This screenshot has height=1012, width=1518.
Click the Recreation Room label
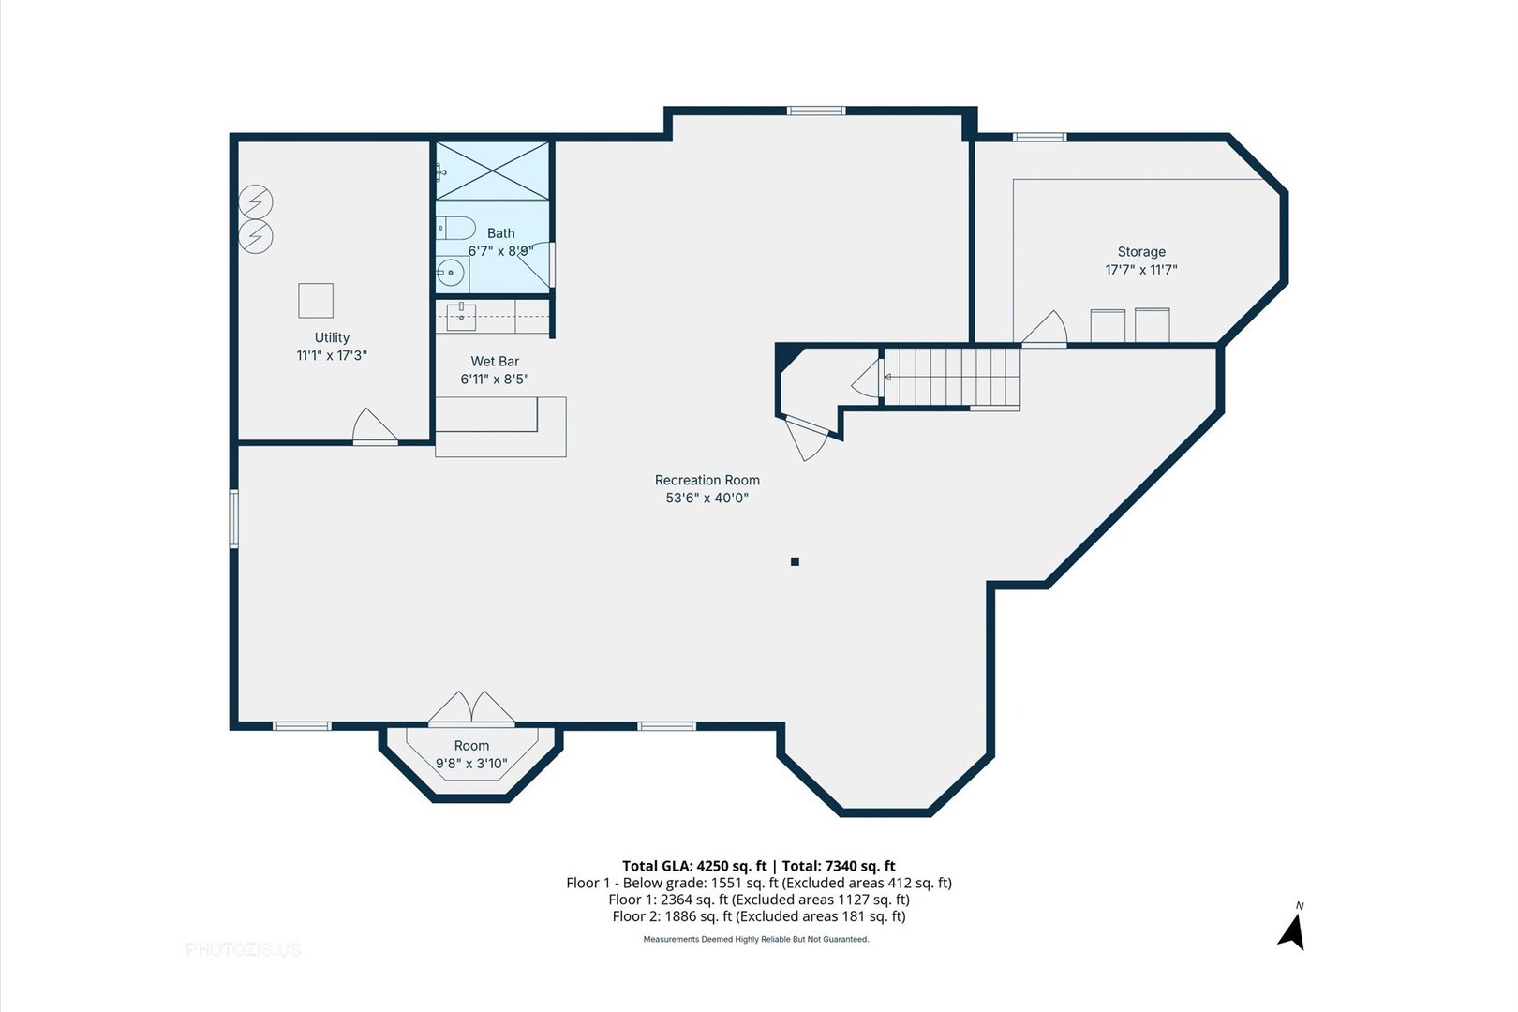tap(707, 480)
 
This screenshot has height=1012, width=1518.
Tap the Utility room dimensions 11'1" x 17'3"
tap(332, 355)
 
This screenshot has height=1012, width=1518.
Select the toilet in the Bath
tap(455, 228)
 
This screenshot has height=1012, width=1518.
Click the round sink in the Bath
tap(450, 274)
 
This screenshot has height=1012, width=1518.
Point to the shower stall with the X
tap(492, 171)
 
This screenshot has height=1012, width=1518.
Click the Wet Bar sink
tap(461, 317)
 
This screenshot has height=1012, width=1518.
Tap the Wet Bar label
tap(495, 362)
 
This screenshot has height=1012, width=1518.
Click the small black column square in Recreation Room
tap(795, 561)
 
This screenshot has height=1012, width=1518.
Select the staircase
tap(952, 378)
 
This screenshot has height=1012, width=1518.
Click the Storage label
tap(1141, 251)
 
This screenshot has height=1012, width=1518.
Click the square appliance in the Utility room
tap(316, 300)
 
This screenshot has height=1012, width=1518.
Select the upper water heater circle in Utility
tap(256, 201)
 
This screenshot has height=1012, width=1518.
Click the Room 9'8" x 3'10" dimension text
tap(471, 764)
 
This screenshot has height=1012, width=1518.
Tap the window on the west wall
tap(234, 518)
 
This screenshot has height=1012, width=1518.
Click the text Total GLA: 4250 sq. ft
tap(694, 866)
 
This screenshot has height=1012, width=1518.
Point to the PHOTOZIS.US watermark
tap(244, 949)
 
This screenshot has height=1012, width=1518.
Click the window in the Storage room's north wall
tap(1039, 137)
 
